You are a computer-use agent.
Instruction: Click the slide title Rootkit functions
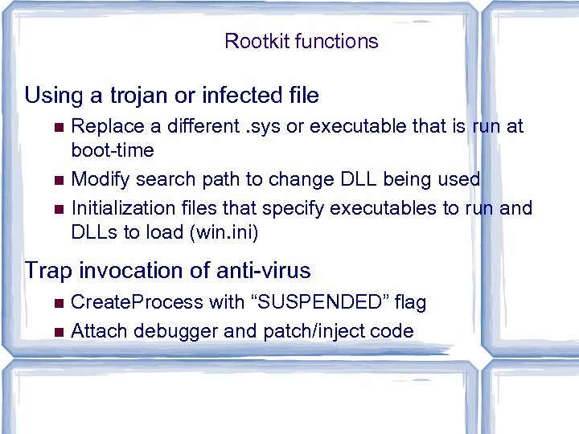click(x=301, y=41)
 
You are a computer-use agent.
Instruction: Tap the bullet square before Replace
click(x=55, y=127)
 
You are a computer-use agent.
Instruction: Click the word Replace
click(x=105, y=126)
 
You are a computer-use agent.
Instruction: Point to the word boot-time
click(x=113, y=150)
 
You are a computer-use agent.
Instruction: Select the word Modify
click(x=98, y=179)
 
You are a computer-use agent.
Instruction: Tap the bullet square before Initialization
click(x=55, y=209)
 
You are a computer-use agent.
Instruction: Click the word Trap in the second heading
click(x=49, y=271)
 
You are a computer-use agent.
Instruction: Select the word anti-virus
click(x=260, y=271)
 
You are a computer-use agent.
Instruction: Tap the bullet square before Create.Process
click(x=55, y=303)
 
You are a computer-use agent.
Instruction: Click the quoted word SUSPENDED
click(x=320, y=302)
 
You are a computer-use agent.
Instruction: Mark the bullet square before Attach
click(x=55, y=331)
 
